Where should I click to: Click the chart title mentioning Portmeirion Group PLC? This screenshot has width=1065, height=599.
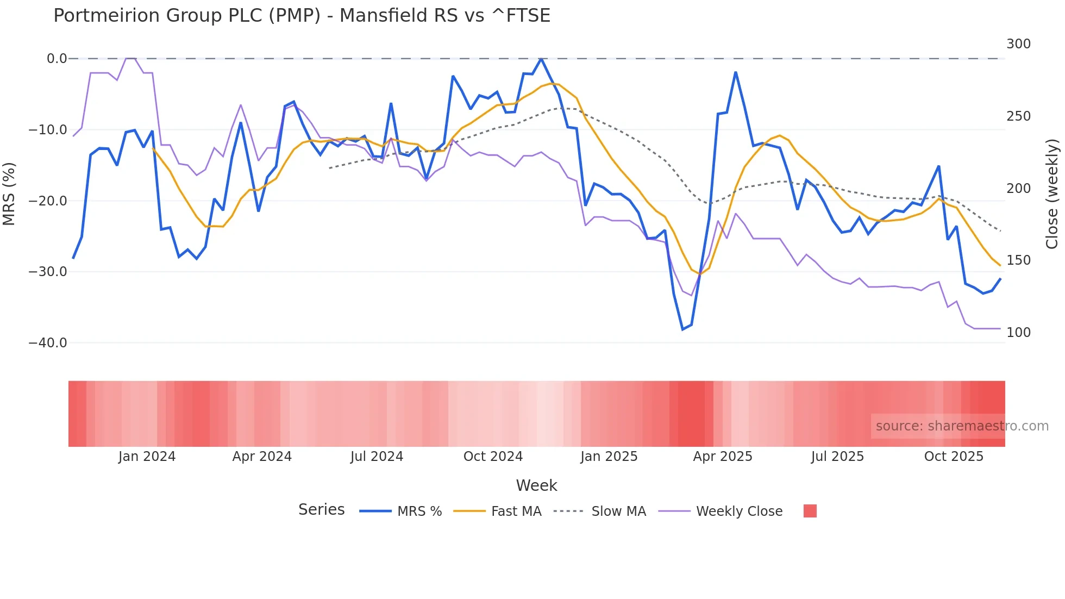click(302, 16)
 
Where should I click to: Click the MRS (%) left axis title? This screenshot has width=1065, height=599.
click(9, 194)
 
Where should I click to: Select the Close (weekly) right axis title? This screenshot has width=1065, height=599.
click(1053, 194)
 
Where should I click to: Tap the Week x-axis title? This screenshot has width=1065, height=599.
click(536, 485)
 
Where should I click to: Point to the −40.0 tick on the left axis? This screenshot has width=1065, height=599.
click(48, 343)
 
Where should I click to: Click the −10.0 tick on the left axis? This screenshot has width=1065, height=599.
click(48, 130)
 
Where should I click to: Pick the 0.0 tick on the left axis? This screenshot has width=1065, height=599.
click(57, 59)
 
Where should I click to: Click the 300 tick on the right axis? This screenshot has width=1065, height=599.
click(1018, 44)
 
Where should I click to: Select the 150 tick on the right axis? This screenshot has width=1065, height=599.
click(1018, 260)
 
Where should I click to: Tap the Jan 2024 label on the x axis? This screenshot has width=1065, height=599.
click(147, 457)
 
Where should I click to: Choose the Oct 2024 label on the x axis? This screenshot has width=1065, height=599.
click(493, 457)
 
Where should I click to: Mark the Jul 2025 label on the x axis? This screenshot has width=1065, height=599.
click(837, 457)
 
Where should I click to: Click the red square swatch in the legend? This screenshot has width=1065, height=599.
click(810, 511)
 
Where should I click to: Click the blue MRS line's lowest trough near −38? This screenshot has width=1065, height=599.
click(683, 329)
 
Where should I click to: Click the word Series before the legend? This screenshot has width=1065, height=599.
click(321, 510)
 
